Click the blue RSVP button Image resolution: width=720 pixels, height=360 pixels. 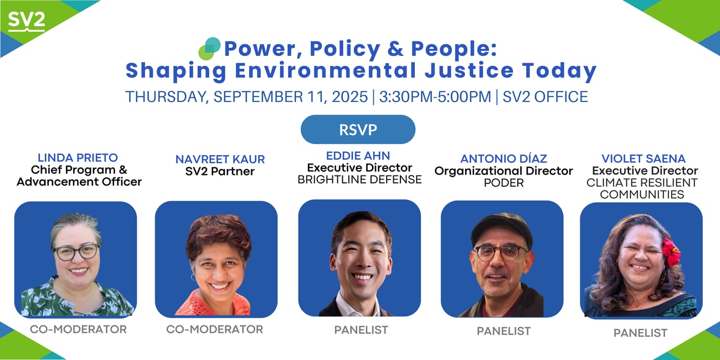tap(358, 130)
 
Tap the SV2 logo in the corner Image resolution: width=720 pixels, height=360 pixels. tap(27, 22)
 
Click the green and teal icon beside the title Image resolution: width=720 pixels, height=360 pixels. tap(209, 49)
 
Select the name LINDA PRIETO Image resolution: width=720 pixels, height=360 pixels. tap(78, 158)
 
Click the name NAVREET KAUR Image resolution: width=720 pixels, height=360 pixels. tap(220, 159)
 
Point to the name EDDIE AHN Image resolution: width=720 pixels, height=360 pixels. tap(358, 156)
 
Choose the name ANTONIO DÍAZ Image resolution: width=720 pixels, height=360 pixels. tap(503, 158)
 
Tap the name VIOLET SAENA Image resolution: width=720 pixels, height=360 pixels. tap(644, 158)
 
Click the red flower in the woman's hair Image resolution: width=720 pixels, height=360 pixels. tap(671, 251)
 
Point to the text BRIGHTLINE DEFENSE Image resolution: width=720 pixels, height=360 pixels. tap(359, 179)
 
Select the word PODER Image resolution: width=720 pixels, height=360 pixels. tap(503, 183)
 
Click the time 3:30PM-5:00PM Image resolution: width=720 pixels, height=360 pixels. tap(435, 97)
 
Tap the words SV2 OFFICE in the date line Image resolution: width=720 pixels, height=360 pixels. tap(545, 97)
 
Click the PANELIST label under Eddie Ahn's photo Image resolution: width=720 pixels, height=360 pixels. tap(361, 330)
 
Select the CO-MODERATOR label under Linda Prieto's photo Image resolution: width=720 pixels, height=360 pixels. tap(78, 329)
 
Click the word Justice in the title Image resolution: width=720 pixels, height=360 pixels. tap(469, 71)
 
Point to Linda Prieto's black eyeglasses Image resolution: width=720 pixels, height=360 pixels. tap(77, 252)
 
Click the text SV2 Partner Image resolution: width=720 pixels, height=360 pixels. tap(220, 171)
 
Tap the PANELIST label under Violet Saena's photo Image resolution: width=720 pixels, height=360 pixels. tap(640, 333)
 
